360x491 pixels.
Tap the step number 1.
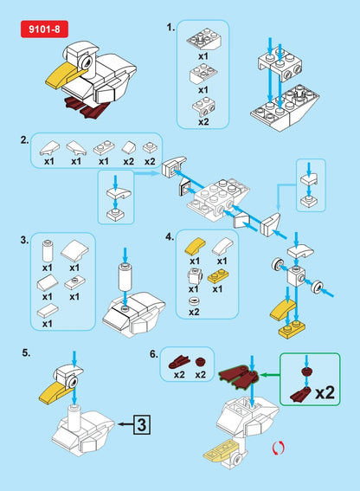point(170,28)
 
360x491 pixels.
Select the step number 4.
point(170,236)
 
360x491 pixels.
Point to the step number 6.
point(154,353)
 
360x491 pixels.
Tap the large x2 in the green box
point(325,391)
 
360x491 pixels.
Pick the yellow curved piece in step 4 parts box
point(195,245)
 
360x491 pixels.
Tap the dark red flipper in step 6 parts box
point(179,361)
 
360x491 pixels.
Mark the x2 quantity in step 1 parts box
point(203,122)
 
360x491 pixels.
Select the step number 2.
point(23,139)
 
